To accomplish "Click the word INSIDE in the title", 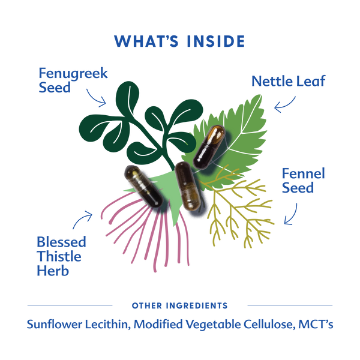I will (214, 41).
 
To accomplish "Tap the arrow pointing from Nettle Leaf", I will (285, 102).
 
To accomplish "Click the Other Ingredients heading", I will (179, 305).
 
